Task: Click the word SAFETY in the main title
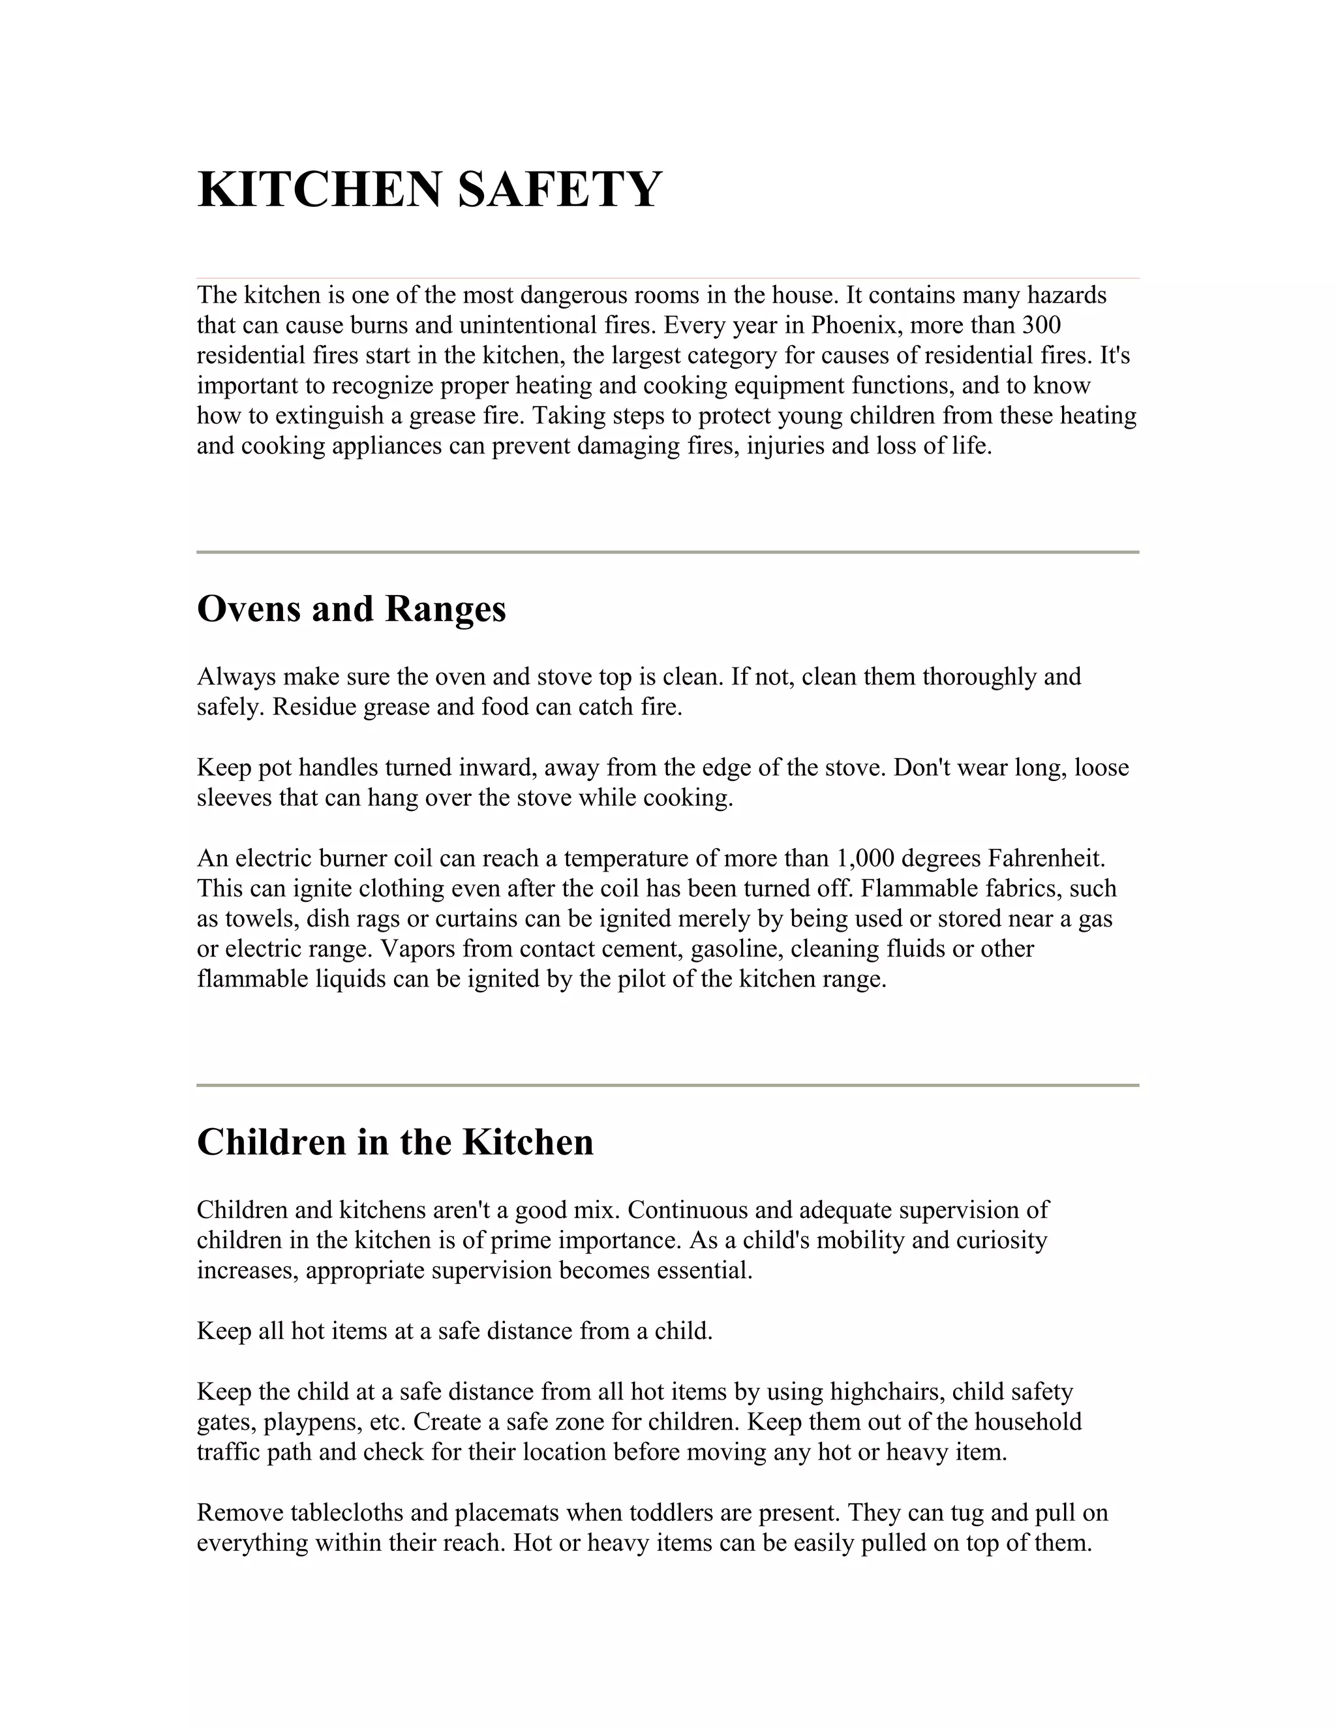coord(560,190)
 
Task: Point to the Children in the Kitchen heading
coord(395,1142)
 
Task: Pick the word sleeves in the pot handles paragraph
coord(234,798)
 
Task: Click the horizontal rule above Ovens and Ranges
coord(667,552)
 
